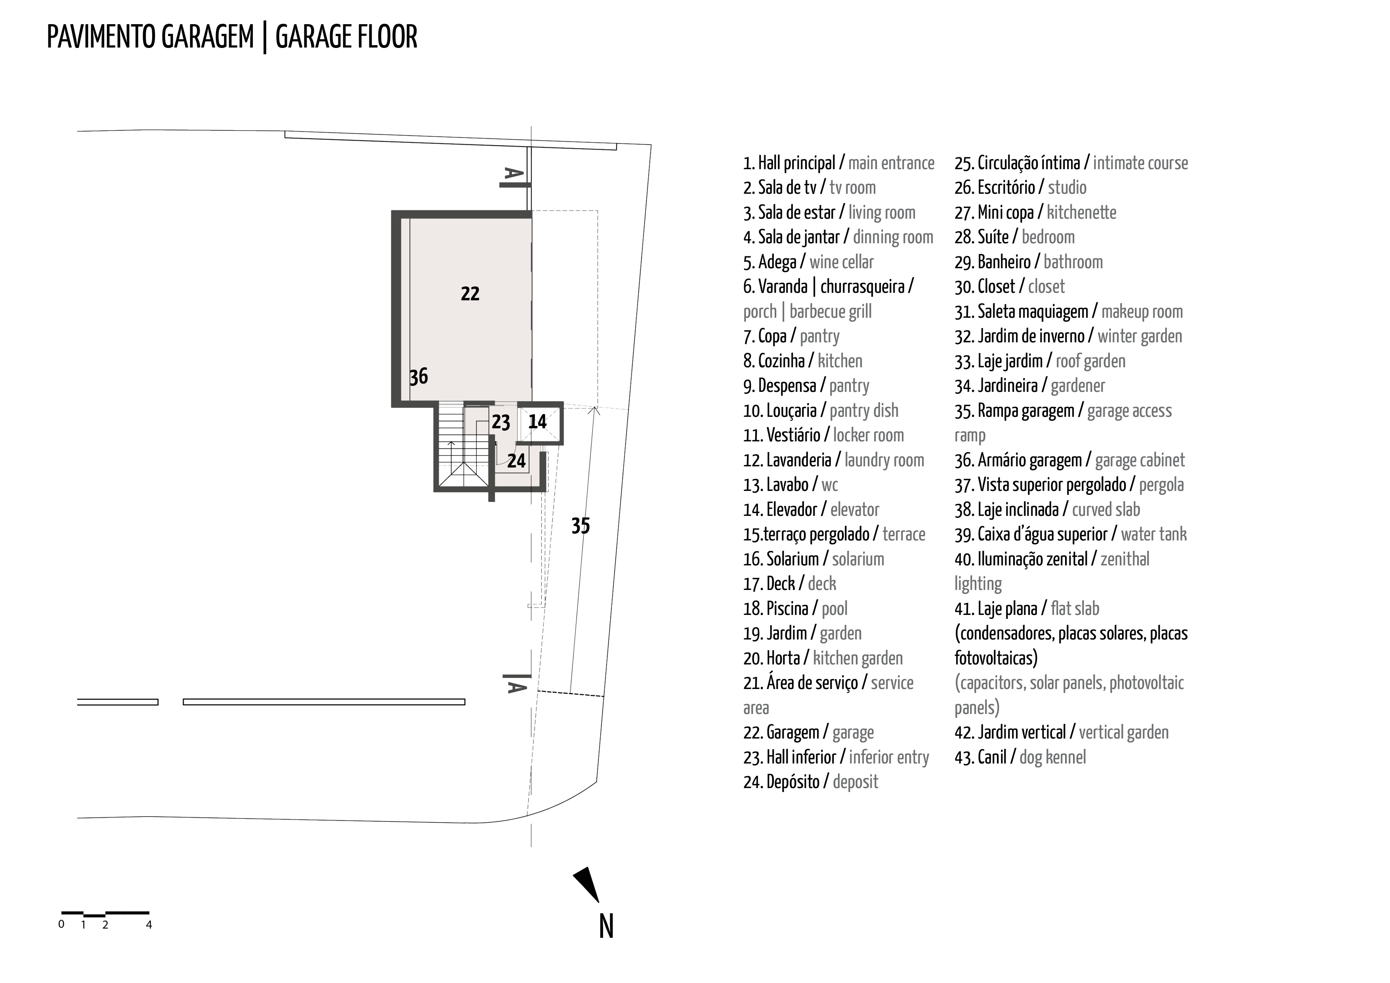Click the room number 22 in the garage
point(470,294)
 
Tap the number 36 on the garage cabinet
point(418,376)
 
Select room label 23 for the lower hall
point(501,422)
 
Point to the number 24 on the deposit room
point(516,461)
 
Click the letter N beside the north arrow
point(606,926)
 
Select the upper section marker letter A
point(513,174)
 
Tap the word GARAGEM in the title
point(207,38)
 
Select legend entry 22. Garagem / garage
point(808,733)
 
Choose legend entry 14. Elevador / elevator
point(811,510)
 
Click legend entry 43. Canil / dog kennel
point(1020,757)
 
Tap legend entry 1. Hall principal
point(838,163)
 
